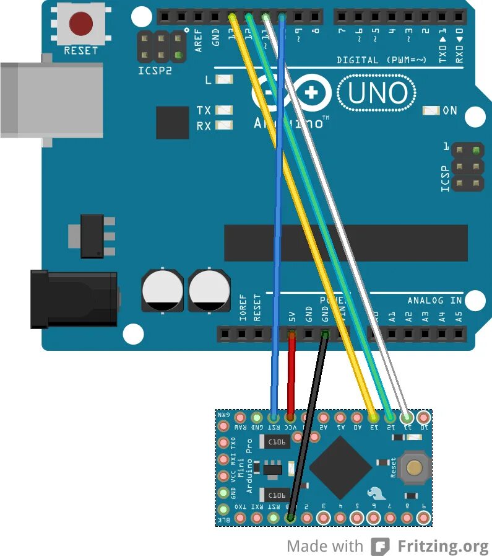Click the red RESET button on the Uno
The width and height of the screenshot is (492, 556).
pyautogui.click(x=81, y=24)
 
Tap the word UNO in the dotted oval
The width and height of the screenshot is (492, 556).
pyautogui.click(x=378, y=94)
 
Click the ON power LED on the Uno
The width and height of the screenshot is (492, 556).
pyautogui.click(x=431, y=111)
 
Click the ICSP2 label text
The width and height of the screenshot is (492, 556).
pyautogui.click(x=155, y=71)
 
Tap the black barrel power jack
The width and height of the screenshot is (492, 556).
pyautogui.click(x=74, y=299)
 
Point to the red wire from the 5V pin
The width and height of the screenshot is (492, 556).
pyautogui.click(x=291, y=372)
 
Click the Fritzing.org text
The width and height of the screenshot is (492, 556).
pyautogui.click(x=443, y=546)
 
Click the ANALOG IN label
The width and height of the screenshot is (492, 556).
pyautogui.click(x=434, y=301)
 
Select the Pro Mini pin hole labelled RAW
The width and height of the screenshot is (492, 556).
pyautogui.click(x=241, y=418)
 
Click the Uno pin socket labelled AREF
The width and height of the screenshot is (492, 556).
pyautogui.click(x=199, y=16)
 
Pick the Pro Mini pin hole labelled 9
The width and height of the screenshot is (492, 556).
pyautogui.click(x=423, y=517)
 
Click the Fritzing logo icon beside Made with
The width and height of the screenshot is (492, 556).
pyautogui.click(x=380, y=546)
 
